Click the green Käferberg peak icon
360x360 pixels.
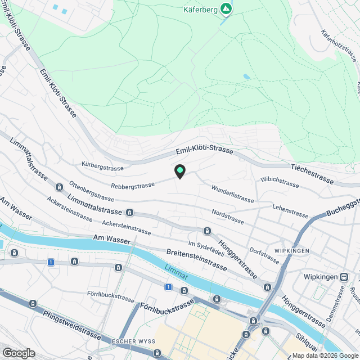pos(226,9)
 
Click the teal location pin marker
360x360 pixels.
pos(179,171)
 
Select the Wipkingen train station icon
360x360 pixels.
pos(344,277)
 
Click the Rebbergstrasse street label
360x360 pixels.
pos(133,186)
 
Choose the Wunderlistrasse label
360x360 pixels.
pos(232,194)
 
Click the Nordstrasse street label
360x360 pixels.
pos(228,217)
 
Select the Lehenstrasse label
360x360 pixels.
pos(290,211)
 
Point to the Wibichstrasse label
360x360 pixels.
pos(280,183)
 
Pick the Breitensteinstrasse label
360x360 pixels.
pos(196,259)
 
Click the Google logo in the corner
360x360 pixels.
pos(18,353)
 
